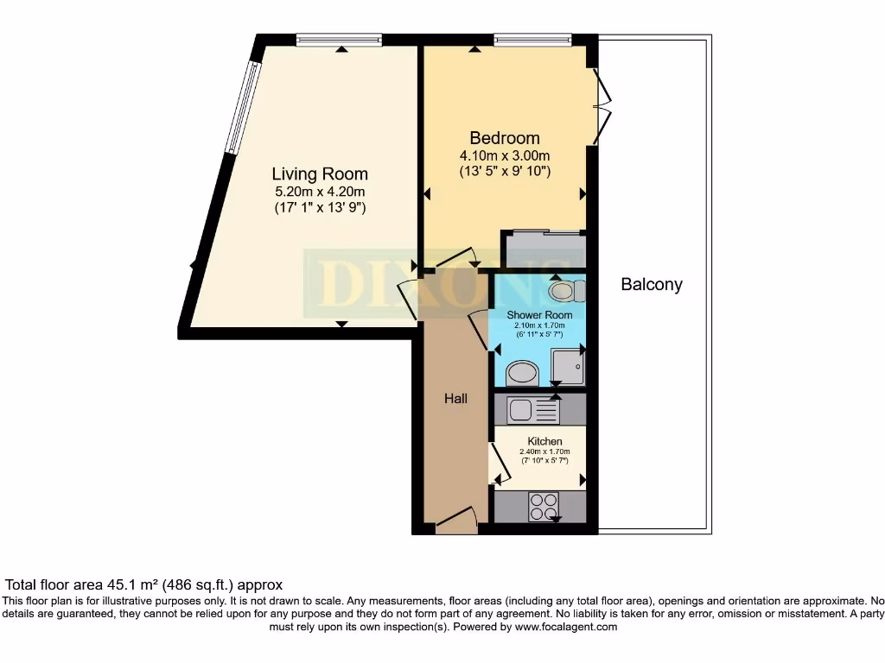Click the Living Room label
click(x=320, y=174)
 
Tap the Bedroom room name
click(x=505, y=138)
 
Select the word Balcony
click(x=652, y=284)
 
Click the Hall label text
click(x=455, y=398)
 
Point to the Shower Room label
click(x=539, y=315)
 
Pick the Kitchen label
click(x=544, y=441)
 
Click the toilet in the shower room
click(x=563, y=291)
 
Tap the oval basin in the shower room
click(x=521, y=373)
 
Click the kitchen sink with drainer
click(x=531, y=409)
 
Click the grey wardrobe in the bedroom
click(x=545, y=249)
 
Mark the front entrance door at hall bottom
click(x=455, y=521)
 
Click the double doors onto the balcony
click(x=602, y=107)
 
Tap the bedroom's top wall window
click(x=532, y=39)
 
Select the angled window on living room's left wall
click(x=241, y=107)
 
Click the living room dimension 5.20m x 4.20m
click(x=320, y=192)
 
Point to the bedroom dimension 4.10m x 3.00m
click(x=505, y=155)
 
